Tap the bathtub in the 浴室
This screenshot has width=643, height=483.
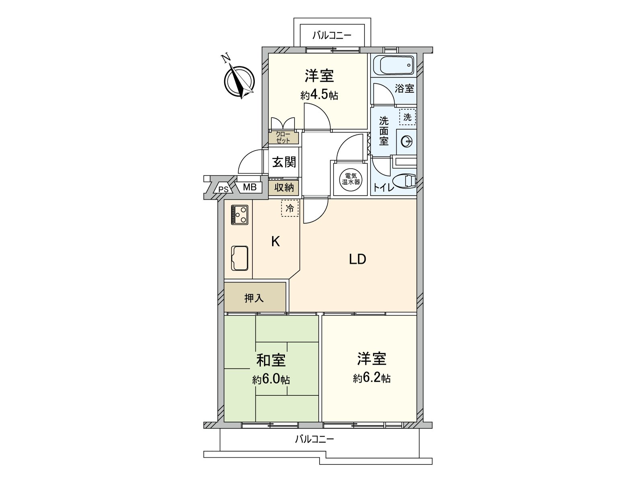pos(393,64)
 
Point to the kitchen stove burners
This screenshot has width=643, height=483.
pos(239,215)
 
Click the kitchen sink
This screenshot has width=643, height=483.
pos(239,258)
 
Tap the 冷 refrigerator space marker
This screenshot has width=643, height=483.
pos(290,208)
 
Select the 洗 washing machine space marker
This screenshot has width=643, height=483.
pos(407,117)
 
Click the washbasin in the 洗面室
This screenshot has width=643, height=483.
pos(406,141)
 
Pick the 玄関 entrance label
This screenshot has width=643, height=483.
pos(284,162)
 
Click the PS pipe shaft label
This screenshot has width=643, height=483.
pos(223,188)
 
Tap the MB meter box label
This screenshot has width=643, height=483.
pos(250,187)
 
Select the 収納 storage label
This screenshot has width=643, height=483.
pos(284,187)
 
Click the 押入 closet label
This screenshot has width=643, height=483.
pos(254,298)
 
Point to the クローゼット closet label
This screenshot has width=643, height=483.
pos(284,138)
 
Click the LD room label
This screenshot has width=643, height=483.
pos(357,260)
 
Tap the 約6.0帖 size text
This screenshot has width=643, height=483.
pos(271,380)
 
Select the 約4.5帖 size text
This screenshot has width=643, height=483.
pos(319,95)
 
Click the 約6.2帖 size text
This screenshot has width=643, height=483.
pos(372,378)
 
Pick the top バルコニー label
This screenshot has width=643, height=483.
pos(332,35)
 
